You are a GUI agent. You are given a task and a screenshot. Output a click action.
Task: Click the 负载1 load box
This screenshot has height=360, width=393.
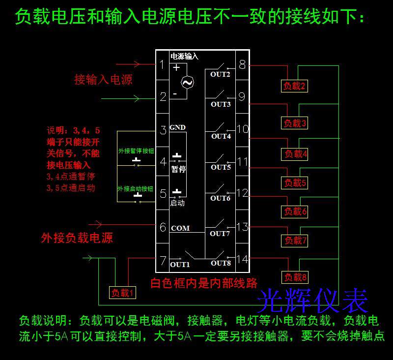(x=122, y=293)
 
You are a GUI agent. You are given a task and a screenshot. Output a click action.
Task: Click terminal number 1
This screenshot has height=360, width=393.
(x=163, y=64)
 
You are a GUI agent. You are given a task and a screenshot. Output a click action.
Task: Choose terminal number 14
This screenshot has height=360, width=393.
(x=243, y=259)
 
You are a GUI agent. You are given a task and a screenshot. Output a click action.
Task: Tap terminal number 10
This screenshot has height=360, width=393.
(x=243, y=129)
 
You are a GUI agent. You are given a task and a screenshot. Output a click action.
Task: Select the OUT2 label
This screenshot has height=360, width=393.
(x=220, y=75)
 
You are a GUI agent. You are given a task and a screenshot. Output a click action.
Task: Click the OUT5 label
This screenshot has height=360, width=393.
(x=221, y=167)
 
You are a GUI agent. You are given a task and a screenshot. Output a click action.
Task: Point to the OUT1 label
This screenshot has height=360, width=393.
(x=180, y=264)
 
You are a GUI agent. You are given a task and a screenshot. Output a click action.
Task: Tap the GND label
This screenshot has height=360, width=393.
(x=177, y=128)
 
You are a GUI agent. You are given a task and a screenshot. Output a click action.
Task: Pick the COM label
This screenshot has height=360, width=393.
(x=180, y=229)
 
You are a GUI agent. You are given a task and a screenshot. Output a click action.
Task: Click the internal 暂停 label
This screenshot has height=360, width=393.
(x=178, y=169)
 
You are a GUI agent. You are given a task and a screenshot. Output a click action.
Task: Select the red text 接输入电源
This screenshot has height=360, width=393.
(x=103, y=79)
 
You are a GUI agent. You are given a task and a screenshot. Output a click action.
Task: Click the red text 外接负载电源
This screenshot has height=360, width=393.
(x=77, y=238)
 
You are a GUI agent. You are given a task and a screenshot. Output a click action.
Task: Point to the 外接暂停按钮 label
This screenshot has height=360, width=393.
(x=136, y=151)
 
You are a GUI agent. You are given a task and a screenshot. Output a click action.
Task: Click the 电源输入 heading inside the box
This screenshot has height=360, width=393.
(x=184, y=57)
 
